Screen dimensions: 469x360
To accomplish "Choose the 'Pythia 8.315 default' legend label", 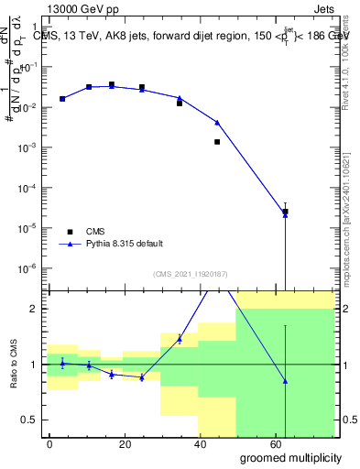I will click(125, 244).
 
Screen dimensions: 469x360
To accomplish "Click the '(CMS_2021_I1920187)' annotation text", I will click(191, 274).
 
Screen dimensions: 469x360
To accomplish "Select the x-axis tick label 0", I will click(49, 443).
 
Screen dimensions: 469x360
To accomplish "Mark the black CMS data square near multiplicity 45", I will click(217, 142).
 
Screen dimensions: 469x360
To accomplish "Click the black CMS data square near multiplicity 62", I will click(285, 212).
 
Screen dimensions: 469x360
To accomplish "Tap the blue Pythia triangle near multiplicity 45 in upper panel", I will click(217, 122).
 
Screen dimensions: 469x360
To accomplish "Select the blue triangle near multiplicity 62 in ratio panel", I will click(285, 381).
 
